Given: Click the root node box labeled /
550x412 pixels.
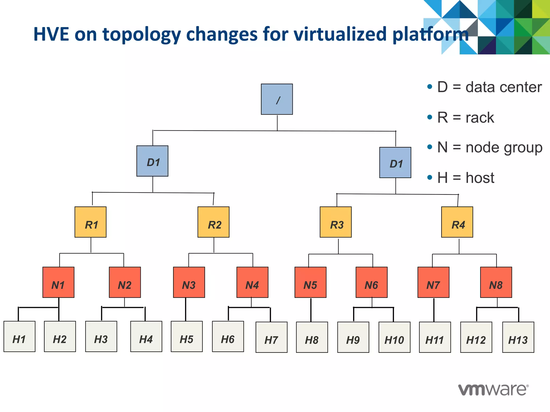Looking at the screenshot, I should pyautogui.click(x=277, y=99).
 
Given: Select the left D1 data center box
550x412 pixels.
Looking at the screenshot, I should pyautogui.click(x=152, y=161).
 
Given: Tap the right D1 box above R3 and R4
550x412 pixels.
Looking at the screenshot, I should pyautogui.click(x=395, y=163).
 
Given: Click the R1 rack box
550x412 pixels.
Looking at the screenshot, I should pyautogui.click(x=91, y=222).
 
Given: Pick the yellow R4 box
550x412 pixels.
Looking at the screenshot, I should pyautogui.click(x=457, y=222).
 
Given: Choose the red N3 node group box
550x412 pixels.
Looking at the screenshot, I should pyautogui.click(x=189, y=282).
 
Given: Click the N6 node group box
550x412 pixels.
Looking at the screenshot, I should pyautogui.click(x=371, y=282).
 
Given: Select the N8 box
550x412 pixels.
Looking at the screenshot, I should pyautogui.click(x=496, y=282).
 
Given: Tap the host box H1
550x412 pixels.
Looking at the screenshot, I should pyautogui.click(x=19, y=336).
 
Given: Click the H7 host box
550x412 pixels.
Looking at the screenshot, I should pyautogui.click(x=272, y=337).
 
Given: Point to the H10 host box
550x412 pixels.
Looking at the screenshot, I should pyautogui.click(x=395, y=337).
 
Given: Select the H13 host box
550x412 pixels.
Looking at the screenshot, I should pyautogui.click(x=518, y=337).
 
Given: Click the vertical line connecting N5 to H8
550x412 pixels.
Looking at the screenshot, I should pyautogui.click(x=311, y=310).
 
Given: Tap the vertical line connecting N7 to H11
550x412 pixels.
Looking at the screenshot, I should pyautogui.click(x=434, y=310).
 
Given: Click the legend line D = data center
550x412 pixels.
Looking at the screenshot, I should pyautogui.click(x=489, y=87).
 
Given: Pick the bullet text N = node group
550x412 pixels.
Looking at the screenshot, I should pyautogui.click(x=490, y=148).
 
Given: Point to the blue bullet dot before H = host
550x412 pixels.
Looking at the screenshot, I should pyautogui.click(x=430, y=177).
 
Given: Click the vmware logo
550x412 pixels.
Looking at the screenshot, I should pyautogui.click(x=493, y=390).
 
